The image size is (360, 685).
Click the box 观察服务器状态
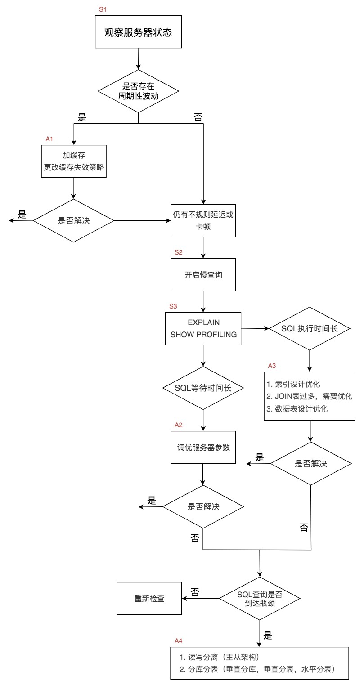pyautogui.click(x=138, y=32)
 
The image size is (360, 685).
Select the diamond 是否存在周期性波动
pyautogui.click(x=138, y=91)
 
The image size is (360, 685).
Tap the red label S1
pyautogui.click(x=103, y=9)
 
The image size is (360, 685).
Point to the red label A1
pyautogui.click(x=49, y=139)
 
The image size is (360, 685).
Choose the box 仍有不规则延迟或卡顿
pyautogui.click(x=203, y=220)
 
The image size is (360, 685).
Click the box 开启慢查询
pyautogui.click(x=203, y=274)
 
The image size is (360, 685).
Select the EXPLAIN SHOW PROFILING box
pyautogui.click(x=203, y=329)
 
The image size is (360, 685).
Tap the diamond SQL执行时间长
pyautogui.click(x=310, y=328)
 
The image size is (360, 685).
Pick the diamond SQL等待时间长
pyautogui.click(x=203, y=388)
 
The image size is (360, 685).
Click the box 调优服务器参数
pyautogui.click(x=203, y=448)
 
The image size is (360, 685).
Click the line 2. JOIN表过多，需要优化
pyautogui.click(x=310, y=396)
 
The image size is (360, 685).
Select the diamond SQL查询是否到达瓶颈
pyautogui.click(x=260, y=599)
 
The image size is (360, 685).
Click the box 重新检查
pyautogui.click(x=149, y=599)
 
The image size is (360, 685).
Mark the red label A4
pyautogui.click(x=179, y=640)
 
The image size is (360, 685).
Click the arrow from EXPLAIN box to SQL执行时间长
pyautogui.click(x=255, y=329)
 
